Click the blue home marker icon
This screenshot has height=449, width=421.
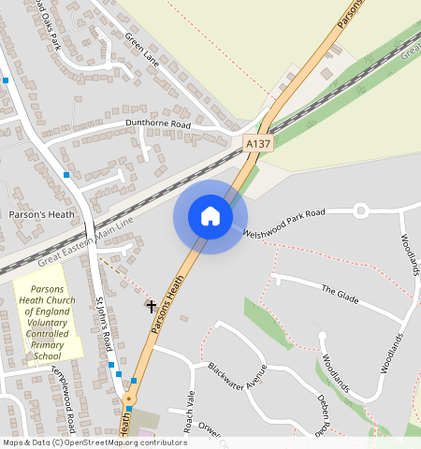click(x=210, y=216)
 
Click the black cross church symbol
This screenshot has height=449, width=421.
click(x=151, y=306)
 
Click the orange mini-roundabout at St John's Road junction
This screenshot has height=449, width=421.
click(x=128, y=399)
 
